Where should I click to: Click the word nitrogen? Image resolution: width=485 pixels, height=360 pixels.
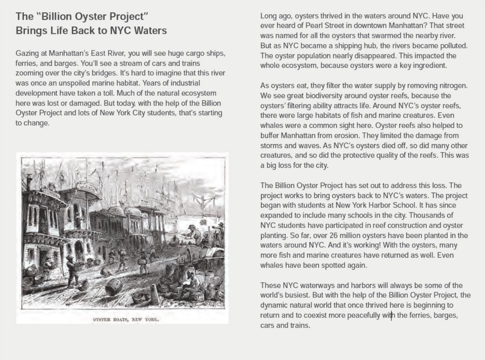[x=453, y=86]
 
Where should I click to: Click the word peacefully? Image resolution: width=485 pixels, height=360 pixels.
[x=362, y=315]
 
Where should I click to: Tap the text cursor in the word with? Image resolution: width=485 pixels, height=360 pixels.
[x=391, y=315]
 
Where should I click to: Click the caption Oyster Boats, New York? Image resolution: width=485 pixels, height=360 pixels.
[x=126, y=320]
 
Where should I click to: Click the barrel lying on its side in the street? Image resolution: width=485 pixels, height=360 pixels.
[x=113, y=286]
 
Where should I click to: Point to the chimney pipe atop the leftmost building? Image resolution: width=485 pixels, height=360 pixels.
[x=29, y=182]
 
